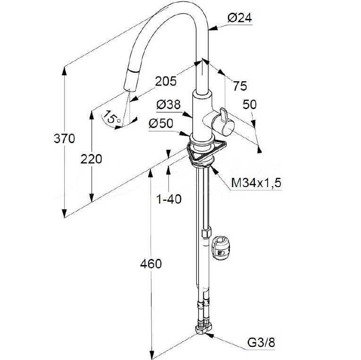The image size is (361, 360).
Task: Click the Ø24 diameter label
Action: tap(240, 18)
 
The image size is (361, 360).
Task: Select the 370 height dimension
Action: tap(64, 138)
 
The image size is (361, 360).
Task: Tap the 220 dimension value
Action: tap(92, 159)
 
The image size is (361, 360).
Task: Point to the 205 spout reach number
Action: tap(166, 81)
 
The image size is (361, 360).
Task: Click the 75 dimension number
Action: tap(240, 86)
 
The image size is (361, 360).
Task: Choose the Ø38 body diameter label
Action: tap(168, 104)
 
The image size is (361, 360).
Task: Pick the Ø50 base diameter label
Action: tap(161, 123)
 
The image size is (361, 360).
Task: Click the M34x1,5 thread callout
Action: tap(256, 183)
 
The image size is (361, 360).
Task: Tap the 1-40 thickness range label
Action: tap(169, 199)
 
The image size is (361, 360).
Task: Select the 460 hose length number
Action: tap(151, 264)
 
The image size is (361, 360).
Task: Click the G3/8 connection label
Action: tap(261, 343)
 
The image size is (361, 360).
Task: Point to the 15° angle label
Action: tap(111, 117)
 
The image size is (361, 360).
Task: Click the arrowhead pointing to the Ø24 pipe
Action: tap(213, 28)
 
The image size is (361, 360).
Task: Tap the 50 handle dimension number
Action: tap(250, 104)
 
